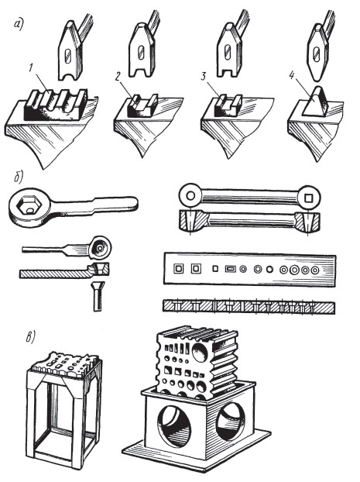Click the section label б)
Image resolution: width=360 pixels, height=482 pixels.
click(19, 178)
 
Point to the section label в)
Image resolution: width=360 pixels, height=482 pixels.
click(30, 337)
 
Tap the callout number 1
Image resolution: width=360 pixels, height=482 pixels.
click(31, 68)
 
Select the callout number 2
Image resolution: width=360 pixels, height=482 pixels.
click(118, 77)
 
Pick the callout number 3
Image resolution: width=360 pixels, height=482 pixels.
click(204, 77)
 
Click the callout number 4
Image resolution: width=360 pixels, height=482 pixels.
click(292, 76)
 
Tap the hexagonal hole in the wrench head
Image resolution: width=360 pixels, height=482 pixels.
click(27, 207)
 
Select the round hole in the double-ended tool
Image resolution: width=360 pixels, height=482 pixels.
click(190, 196)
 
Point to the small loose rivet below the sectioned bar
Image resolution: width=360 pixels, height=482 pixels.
click(99, 296)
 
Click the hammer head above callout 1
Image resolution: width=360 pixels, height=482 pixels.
click(70, 50)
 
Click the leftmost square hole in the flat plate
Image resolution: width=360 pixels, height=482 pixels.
click(178, 269)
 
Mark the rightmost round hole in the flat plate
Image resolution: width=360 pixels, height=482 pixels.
click(315, 270)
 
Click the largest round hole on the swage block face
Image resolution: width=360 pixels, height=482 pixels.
click(201, 353)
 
